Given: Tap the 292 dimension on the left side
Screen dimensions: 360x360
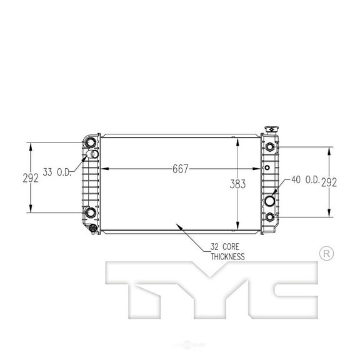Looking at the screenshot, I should [x=29, y=177].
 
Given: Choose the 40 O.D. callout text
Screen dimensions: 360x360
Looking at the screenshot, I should [x=304, y=181].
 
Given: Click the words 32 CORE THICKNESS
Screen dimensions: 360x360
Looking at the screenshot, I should [x=223, y=252].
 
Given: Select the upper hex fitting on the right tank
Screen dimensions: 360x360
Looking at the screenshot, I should [x=269, y=147].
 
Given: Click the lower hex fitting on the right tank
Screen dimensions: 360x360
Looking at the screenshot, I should [x=269, y=217].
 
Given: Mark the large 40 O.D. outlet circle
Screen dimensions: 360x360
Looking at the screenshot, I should [x=270, y=202].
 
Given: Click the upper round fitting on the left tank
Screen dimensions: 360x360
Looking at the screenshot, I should [x=91, y=141].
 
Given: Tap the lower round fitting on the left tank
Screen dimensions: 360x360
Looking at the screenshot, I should [x=91, y=212].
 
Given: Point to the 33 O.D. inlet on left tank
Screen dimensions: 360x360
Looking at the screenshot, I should [x=93, y=154].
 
